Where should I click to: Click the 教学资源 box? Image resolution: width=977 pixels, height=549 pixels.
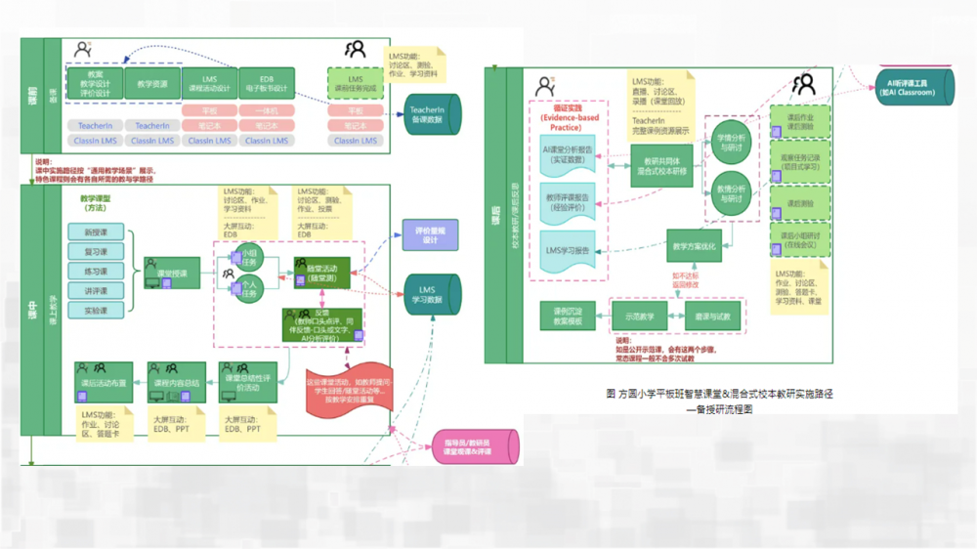(x=152, y=85)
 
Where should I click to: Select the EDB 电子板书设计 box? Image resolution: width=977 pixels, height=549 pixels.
(x=266, y=84)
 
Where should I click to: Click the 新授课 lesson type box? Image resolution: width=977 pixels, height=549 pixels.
(x=96, y=232)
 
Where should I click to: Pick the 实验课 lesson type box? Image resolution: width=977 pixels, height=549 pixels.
(x=96, y=311)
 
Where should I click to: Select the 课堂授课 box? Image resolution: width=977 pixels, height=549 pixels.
(x=172, y=272)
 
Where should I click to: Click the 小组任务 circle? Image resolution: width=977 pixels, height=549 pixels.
(x=248, y=257)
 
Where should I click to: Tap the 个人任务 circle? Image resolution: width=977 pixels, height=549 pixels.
(x=248, y=288)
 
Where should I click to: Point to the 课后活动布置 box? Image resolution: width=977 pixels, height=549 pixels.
(x=105, y=383)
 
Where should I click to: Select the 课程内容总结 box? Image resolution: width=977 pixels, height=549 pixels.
(x=177, y=383)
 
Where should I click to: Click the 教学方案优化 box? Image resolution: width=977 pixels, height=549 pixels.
(x=694, y=247)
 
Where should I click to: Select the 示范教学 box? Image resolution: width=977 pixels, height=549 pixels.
(x=640, y=316)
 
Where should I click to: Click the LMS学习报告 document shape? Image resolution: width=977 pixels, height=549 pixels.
(x=568, y=250)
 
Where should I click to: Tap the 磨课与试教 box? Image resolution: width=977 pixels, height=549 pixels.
(x=712, y=316)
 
